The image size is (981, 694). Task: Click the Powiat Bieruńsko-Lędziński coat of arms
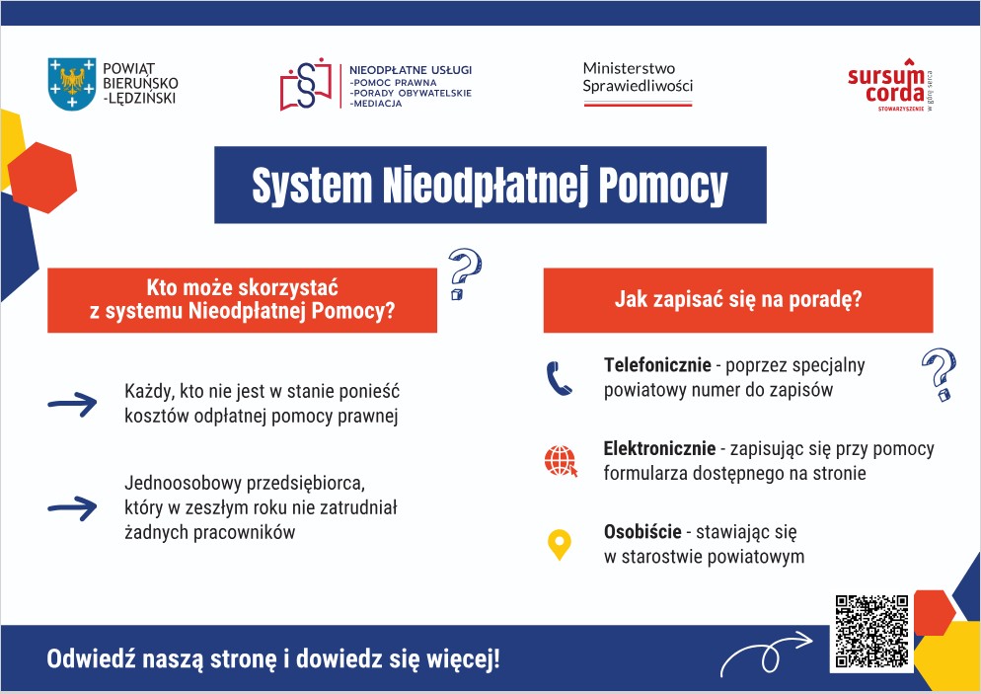pyautogui.click(x=71, y=83)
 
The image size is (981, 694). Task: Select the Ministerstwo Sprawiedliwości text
pyautogui.click(x=638, y=77)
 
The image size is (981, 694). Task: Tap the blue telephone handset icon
pyautogui.click(x=560, y=378)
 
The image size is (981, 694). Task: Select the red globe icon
pyautogui.click(x=560, y=461)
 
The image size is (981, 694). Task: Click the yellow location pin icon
pyautogui.click(x=560, y=544)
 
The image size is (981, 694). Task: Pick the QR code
pyautogui.click(x=870, y=631)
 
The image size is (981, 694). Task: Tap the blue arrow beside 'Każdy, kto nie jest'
pyautogui.click(x=72, y=403)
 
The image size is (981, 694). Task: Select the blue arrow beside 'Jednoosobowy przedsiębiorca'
pyautogui.click(x=72, y=507)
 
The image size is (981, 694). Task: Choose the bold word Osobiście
pyautogui.click(x=642, y=532)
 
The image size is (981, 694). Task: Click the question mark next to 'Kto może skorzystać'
pyautogui.click(x=463, y=274)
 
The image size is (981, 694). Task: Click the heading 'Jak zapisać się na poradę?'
pyautogui.click(x=737, y=298)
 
